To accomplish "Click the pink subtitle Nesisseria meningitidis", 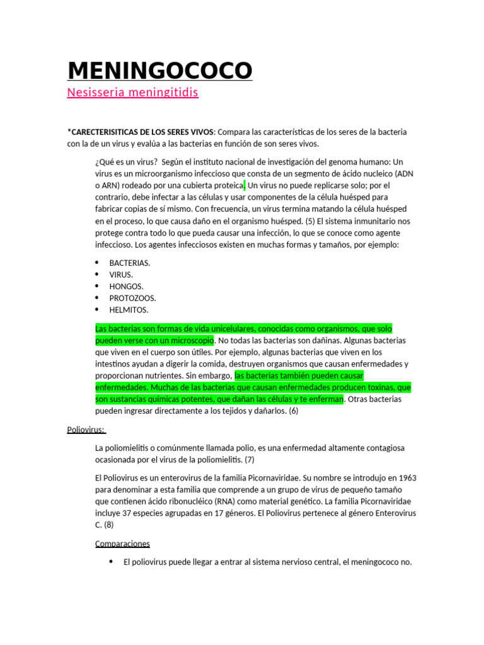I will pyautogui.click(x=132, y=93).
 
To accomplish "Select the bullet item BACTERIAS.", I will pyautogui.click(x=130, y=263).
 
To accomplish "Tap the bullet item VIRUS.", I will pyautogui.click(x=121, y=275).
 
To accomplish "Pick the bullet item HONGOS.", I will pyautogui.click(x=126, y=286).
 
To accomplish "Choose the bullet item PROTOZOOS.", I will pyautogui.click(x=132, y=298).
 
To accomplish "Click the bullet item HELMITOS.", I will pyautogui.click(x=129, y=310).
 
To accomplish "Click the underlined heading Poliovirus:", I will pyautogui.click(x=86, y=430).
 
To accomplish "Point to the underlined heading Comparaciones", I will pyautogui.click(x=122, y=544).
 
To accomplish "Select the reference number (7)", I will pyautogui.click(x=250, y=459).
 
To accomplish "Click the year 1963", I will pyautogui.click(x=404, y=477).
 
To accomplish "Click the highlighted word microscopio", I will pyautogui.click(x=188, y=340).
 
